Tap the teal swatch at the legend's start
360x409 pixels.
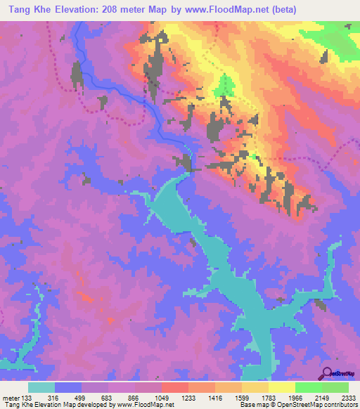pyautogui.click(x=41, y=387)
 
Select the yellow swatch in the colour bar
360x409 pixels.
pyautogui.click(x=281, y=387)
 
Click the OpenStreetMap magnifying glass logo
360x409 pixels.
pyautogui.click(x=326, y=373)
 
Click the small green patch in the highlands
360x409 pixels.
pyautogui.click(x=225, y=86)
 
